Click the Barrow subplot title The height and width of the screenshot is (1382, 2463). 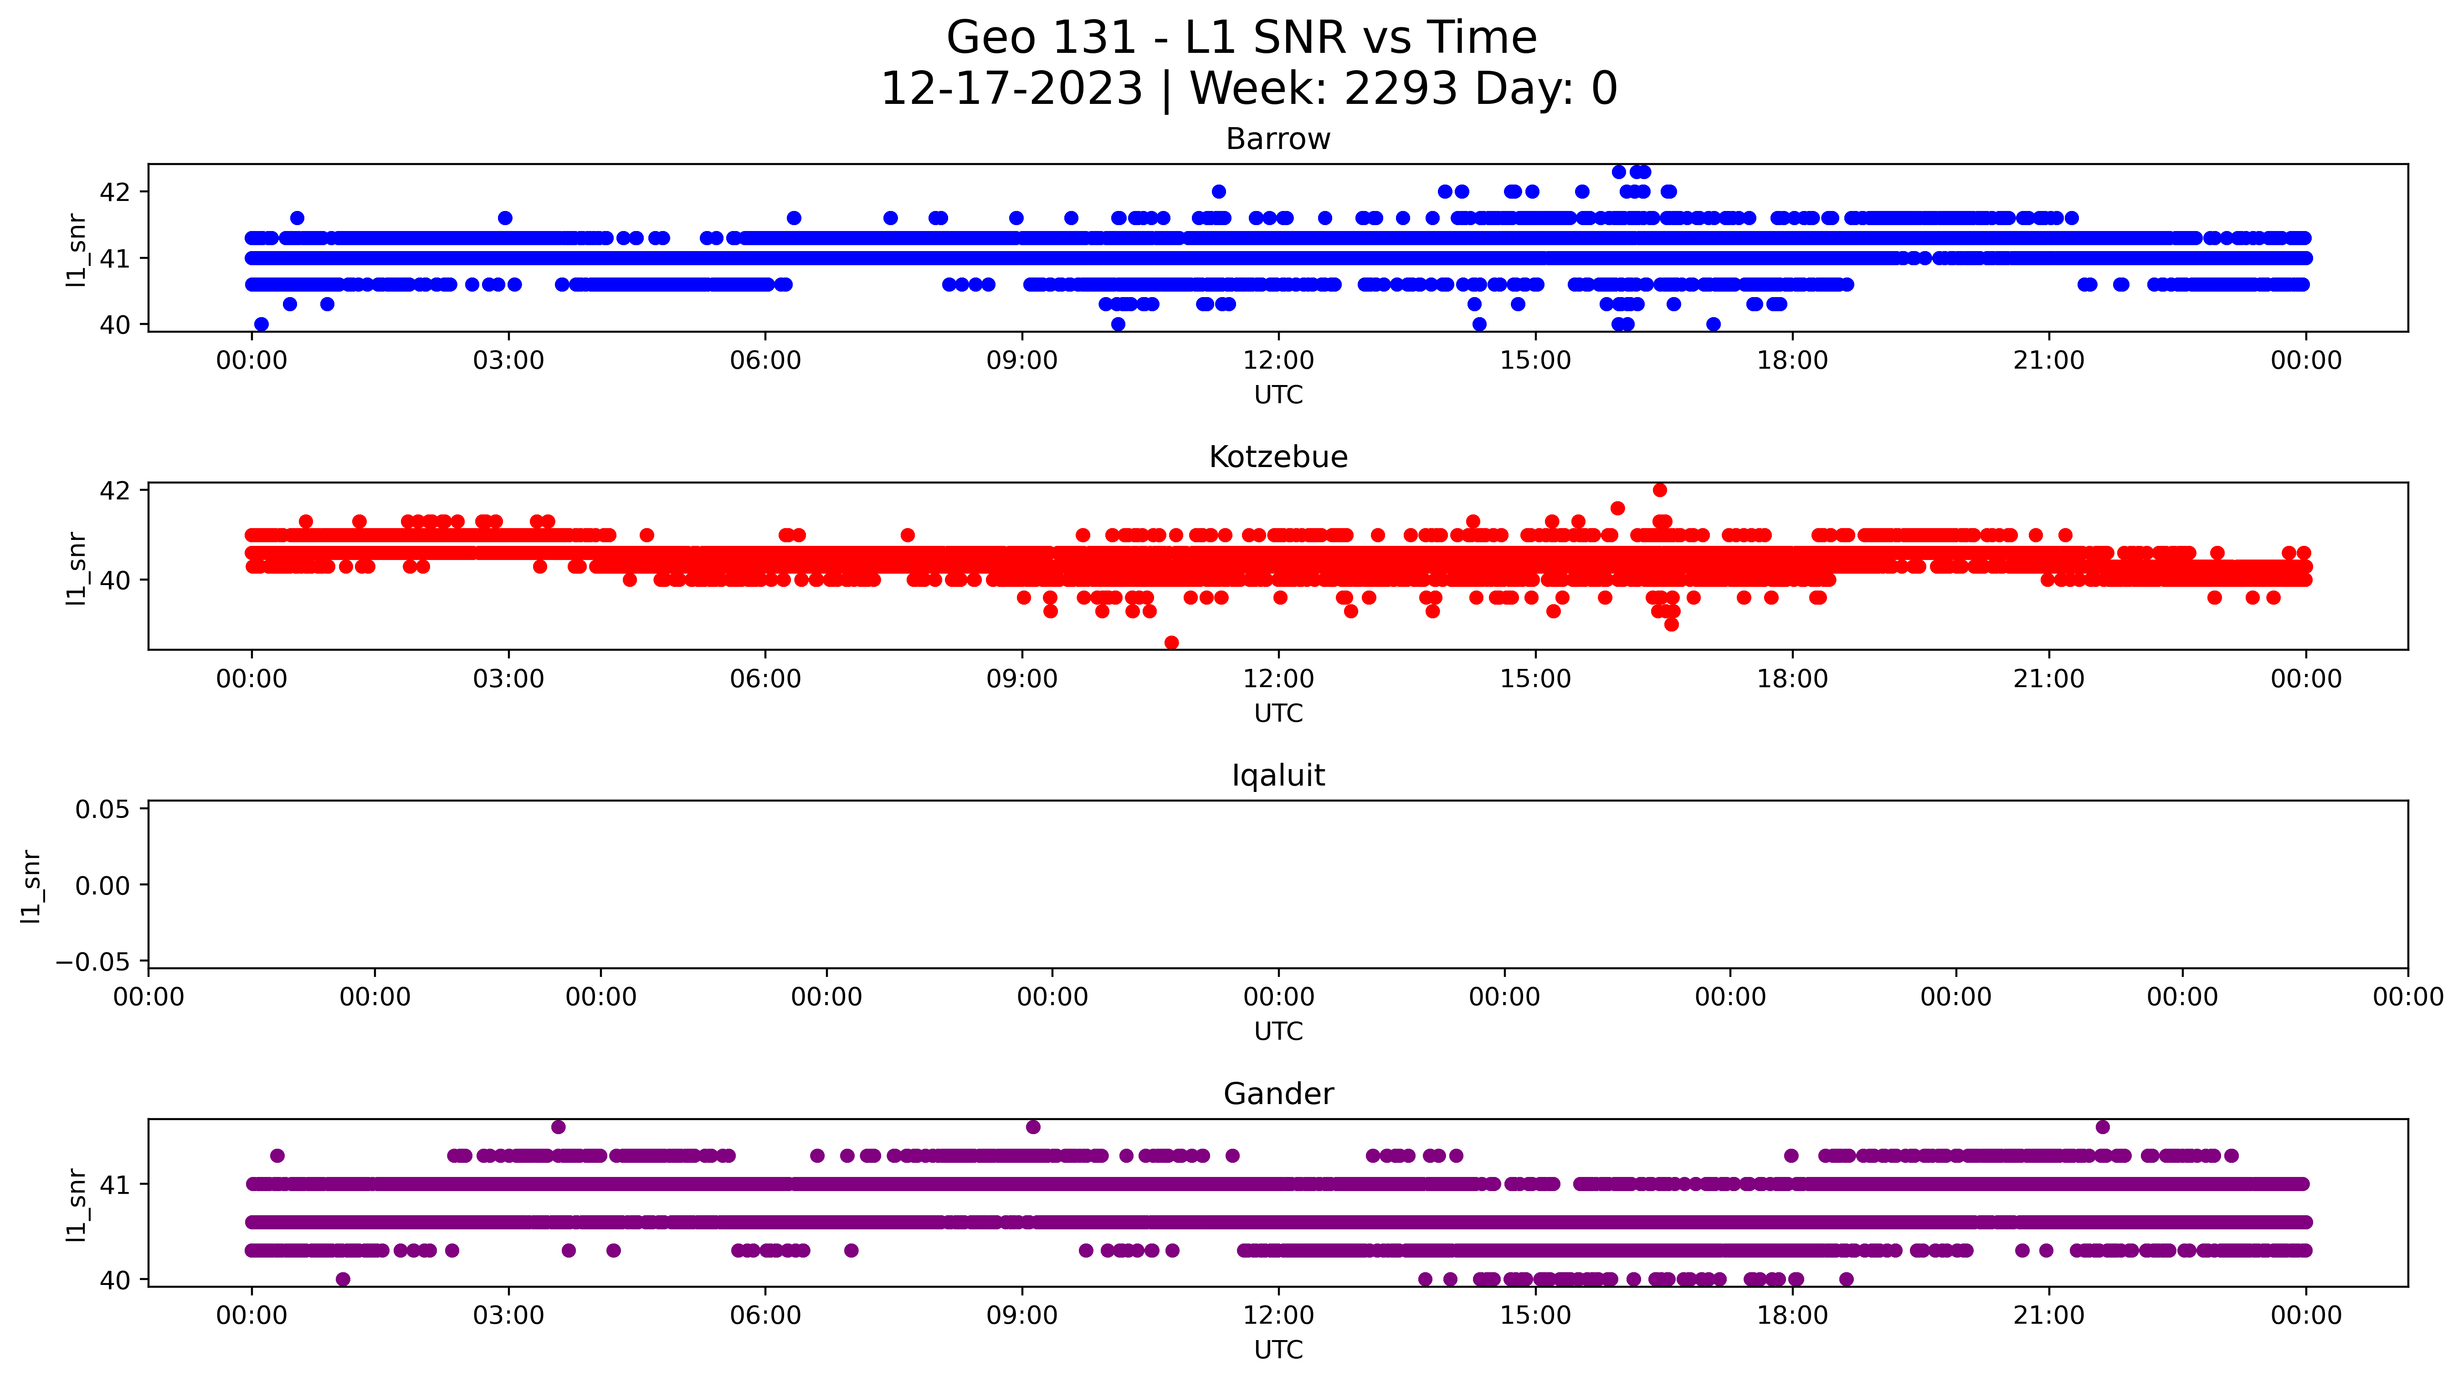pyautogui.click(x=1278, y=139)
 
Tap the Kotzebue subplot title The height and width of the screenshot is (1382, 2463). pyautogui.click(x=1278, y=457)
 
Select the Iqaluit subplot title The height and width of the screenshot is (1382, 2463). pyautogui.click(x=1278, y=776)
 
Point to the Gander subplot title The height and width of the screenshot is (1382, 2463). pyautogui.click(x=1278, y=1094)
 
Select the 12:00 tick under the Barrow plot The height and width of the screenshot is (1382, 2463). pyautogui.click(x=1278, y=360)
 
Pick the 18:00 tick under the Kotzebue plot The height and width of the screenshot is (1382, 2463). pyautogui.click(x=1792, y=679)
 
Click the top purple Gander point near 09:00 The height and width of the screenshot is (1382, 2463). pyautogui.click(x=1032, y=1127)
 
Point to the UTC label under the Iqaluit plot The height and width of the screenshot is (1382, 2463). pyautogui.click(x=1278, y=1031)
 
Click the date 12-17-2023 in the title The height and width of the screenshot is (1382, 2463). pyautogui.click(x=1011, y=89)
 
